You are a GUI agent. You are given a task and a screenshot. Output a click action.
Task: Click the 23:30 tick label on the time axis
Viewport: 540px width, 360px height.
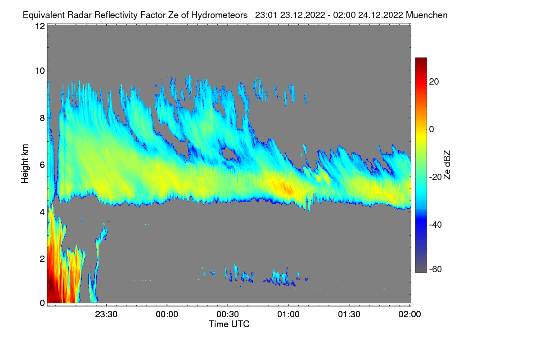pos(106,314)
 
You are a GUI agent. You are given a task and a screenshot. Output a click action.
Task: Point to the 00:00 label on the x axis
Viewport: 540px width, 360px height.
pos(167,314)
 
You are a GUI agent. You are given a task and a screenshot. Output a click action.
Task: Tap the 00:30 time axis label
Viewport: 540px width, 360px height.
pos(228,314)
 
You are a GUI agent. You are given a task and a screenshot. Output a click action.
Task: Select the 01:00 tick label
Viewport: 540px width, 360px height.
pos(288,314)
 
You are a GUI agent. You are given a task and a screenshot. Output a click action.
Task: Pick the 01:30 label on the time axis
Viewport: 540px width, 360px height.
pos(349,314)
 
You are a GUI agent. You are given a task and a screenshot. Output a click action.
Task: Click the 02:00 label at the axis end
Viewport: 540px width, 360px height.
pos(410,314)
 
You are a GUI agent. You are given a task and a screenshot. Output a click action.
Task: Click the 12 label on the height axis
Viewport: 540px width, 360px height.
pos(40,26)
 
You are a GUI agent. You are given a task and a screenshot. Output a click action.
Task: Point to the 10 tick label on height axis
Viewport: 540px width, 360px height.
pos(40,71)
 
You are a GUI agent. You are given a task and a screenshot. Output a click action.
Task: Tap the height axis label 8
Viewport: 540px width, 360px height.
pos(42,118)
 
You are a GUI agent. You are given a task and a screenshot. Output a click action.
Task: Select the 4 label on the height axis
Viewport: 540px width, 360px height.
pos(42,211)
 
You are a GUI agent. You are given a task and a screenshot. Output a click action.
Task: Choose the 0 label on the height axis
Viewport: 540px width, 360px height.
pos(42,303)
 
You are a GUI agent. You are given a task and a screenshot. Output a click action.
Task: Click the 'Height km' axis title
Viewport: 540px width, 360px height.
pos(25,164)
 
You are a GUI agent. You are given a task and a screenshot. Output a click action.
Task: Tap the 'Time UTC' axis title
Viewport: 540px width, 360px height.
pos(229,324)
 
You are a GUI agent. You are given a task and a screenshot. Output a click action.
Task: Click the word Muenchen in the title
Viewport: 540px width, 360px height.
pos(427,15)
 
